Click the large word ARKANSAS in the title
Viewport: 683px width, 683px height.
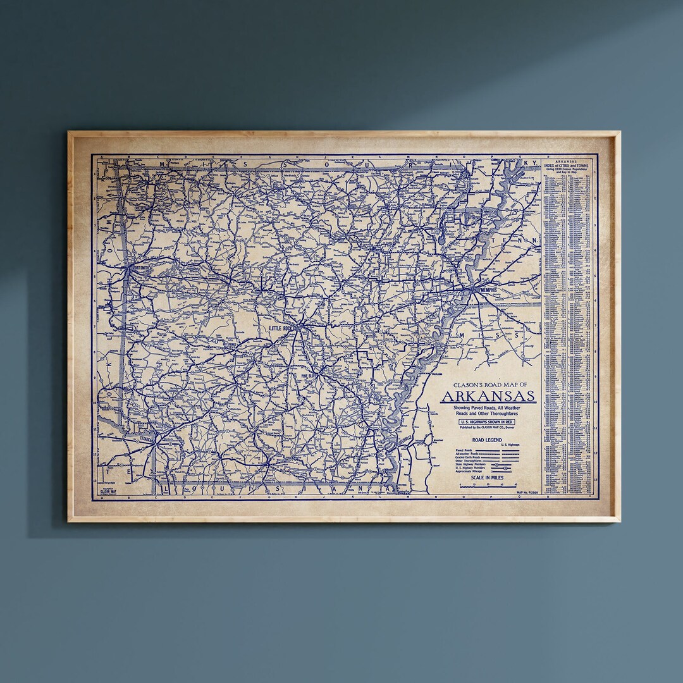[x=488, y=397]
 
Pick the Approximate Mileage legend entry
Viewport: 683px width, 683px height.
[x=469, y=472]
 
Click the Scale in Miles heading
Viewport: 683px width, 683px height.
[x=488, y=478]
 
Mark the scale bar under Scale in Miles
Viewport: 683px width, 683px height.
[x=488, y=486]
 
